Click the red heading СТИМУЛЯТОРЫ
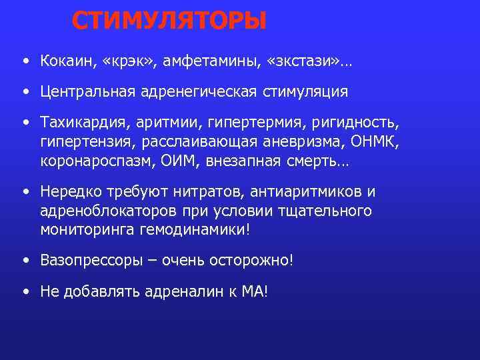169,21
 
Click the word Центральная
87,91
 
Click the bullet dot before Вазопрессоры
25,259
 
